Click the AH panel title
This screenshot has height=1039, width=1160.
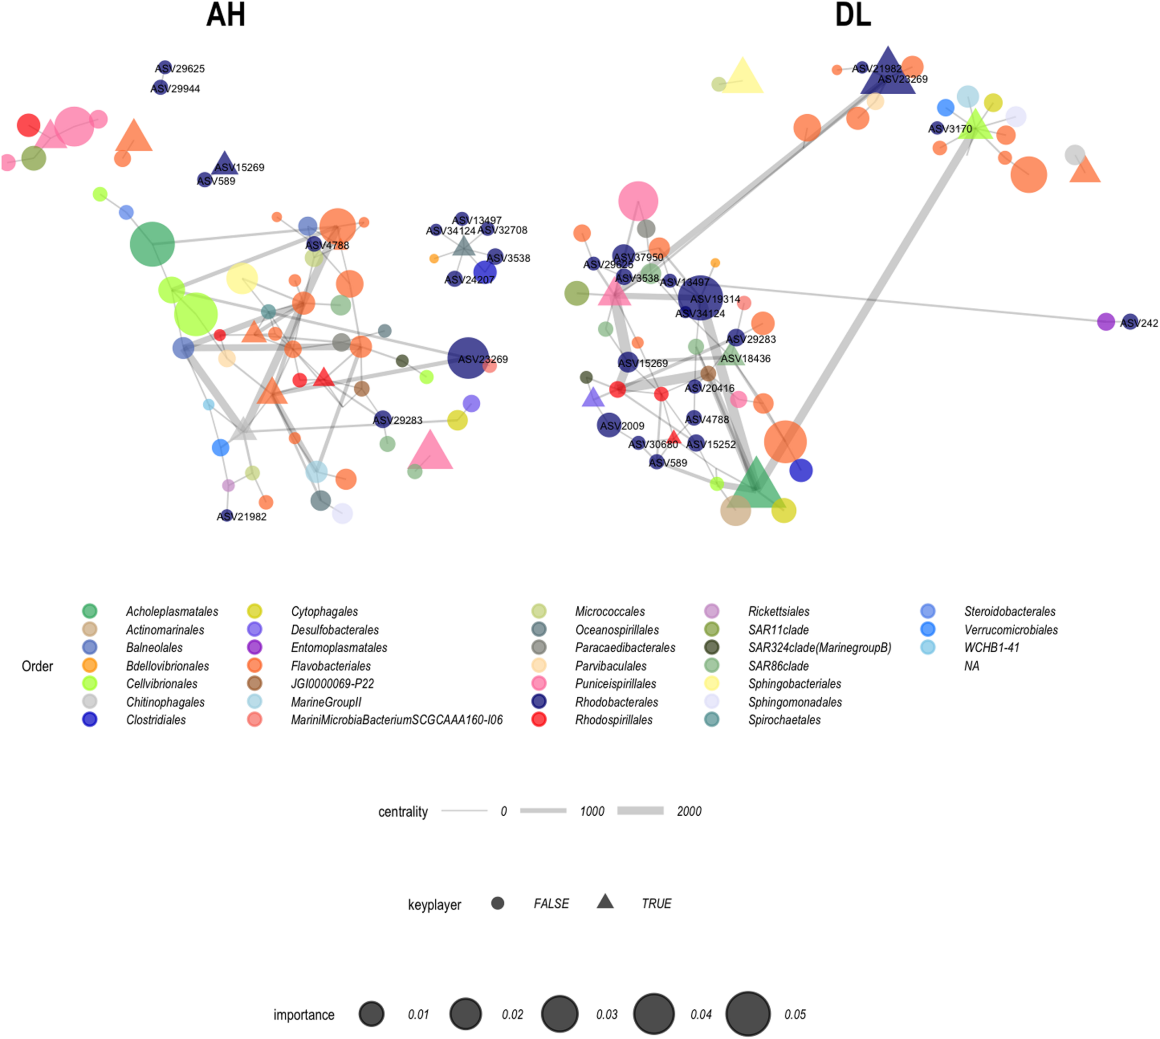pyautogui.click(x=226, y=15)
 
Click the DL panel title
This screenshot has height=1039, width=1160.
pyautogui.click(x=853, y=15)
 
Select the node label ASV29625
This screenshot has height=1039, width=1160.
pyautogui.click(x=180, y=69)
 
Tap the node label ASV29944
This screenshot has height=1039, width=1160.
pyautogui.click(x=176, y=89)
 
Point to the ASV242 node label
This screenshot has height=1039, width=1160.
pyautogui.click(x=1140, y=324)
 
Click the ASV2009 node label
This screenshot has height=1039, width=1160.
pyautogui.click(x=623, y=426)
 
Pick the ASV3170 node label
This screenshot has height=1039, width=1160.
pyautogui.click(x=951, y=129)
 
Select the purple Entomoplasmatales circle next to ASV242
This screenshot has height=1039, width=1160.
pyautogui.click(x=1105, y=322)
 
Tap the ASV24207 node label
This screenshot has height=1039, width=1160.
pyautogui.click(x=469, y=280)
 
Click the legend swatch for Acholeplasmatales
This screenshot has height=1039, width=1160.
pyautogui.click(x=90, y=611)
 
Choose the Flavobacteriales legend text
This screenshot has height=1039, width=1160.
pyautogui.click(x=331, y=666)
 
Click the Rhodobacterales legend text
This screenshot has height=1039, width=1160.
pyautogui.click(x=616, y=702)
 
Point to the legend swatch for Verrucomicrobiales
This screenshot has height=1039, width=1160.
pyautogui.click(x=928, y=630)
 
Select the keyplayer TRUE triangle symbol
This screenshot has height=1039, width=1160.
pyautogui.click(x=605, y=902)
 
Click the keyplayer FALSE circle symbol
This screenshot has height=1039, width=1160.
pyautogui.click(x=497, y=903)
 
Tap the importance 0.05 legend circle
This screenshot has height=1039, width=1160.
pyautogui.click(x=748, y=1014)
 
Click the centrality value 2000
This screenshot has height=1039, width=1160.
pyautogui.click(x=689, y=811)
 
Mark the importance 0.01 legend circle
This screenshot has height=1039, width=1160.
pyautogui.click(x=372, y=1014)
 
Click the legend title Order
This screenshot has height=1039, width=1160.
pyautogui.click(x=37, y=666)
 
